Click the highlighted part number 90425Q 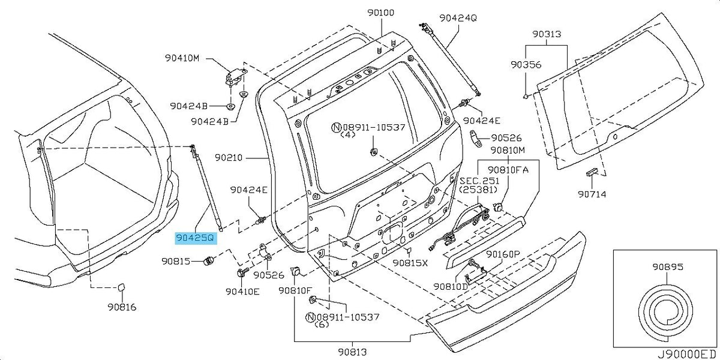click(x=195, y=238)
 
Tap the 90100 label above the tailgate click(x=381, y=13)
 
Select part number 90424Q click(x=458, y=17)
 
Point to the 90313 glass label click(x=547, y=34)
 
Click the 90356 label click(x=526, y=65)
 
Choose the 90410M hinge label click(x=182, y=58)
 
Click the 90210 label click(x=229, y=158)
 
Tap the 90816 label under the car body click(x=122, y=307)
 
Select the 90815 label click(x=176, y=262)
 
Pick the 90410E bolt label click(x=242, y=292)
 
